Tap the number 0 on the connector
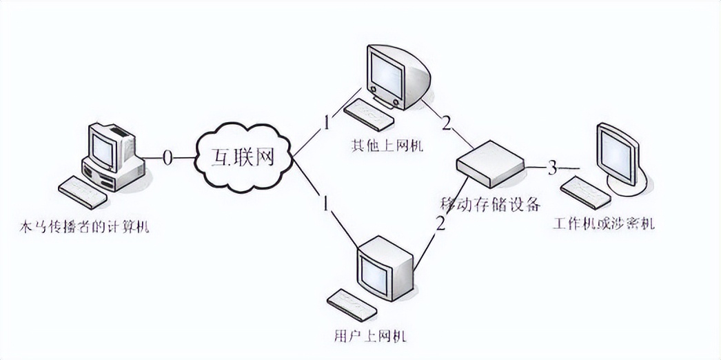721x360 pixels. point(167,158)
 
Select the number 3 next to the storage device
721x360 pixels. point(551,168)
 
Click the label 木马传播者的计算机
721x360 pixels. point(85,226)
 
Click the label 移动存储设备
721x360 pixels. point(489,206)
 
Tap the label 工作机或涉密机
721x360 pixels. point(603,224)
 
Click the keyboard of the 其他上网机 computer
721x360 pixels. point(368,112)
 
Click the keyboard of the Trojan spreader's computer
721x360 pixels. point(82,192)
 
